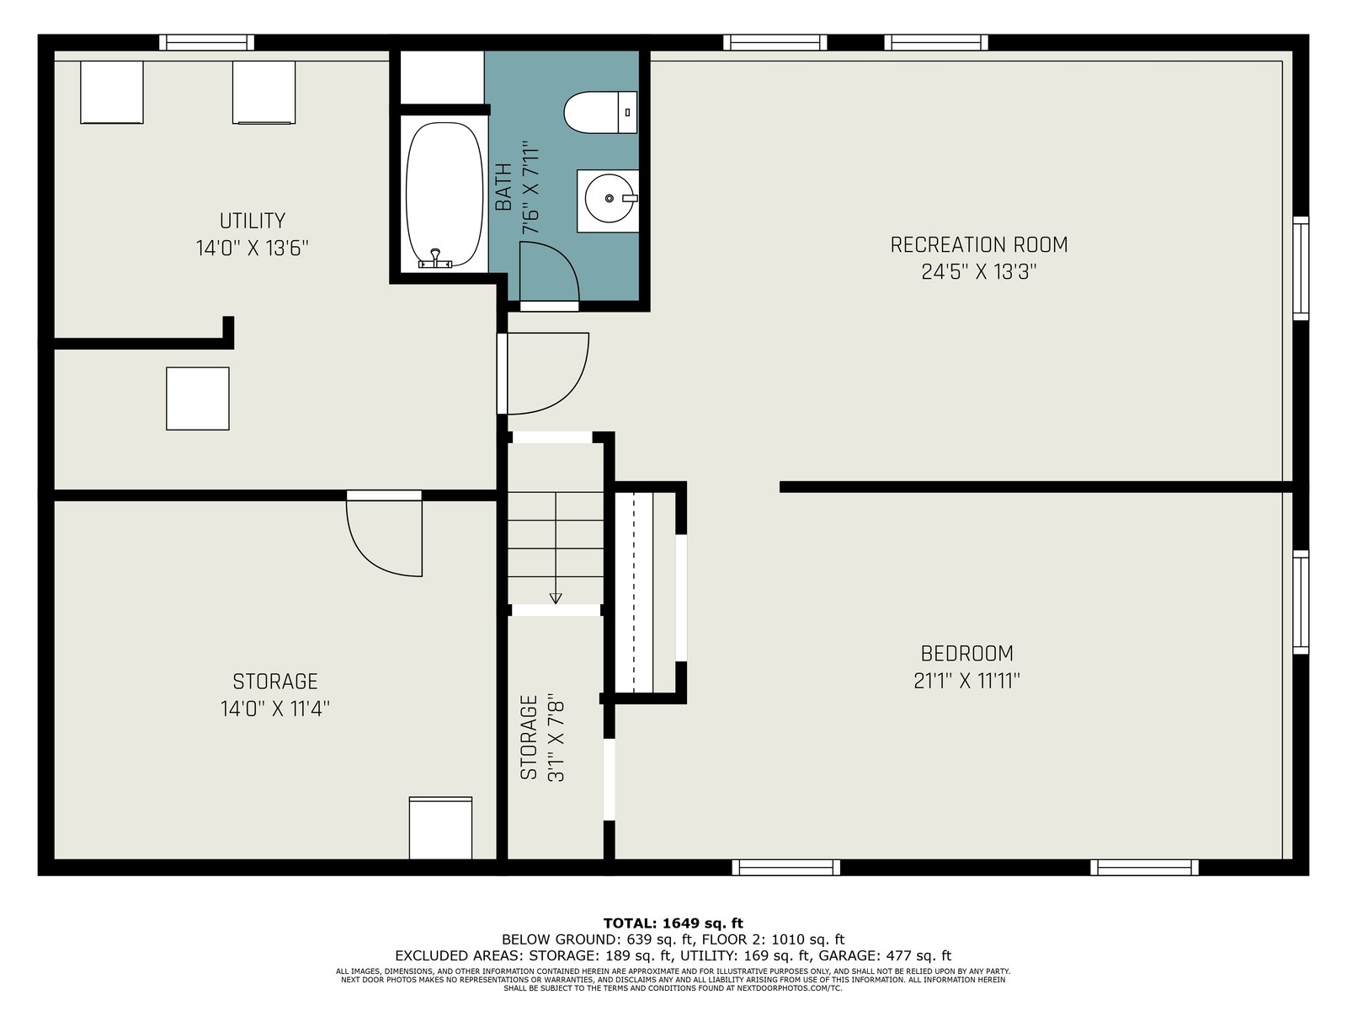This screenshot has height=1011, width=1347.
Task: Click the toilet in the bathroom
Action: [x=600, y=112]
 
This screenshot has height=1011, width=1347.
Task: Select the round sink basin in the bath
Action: [x=609, y=198]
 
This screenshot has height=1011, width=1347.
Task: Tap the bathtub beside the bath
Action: [x=445, y=195]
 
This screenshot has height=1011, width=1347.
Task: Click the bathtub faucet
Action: [x=435, y=259]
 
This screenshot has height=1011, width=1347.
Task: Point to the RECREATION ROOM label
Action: [x=979, y=245]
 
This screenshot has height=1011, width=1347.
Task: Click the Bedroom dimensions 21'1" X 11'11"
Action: [x=966, y=681]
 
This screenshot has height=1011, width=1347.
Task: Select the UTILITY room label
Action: [x=253, y=221]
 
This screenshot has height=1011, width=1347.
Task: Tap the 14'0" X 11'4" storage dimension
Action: [x=275, y=709]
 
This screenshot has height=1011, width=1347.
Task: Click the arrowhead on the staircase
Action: [x=556, y=598]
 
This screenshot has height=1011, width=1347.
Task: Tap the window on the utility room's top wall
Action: [x=207, y=42]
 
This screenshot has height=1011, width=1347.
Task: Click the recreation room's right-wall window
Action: [x=1301, y=268]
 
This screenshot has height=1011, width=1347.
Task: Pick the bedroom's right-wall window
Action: [x=1301, y=602]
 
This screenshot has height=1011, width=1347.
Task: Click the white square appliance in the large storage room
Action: [x=440, y=828]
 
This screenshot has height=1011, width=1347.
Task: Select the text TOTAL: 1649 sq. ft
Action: [x=673, y=923]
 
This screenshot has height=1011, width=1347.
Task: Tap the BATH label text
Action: [x=503, y=187]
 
